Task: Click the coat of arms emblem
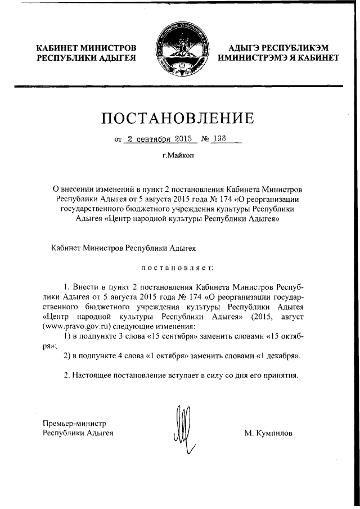180,51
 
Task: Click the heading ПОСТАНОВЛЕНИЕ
179,118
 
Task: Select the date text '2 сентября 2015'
160,138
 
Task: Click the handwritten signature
183,430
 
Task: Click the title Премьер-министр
75,423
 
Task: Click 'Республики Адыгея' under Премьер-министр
78,433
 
